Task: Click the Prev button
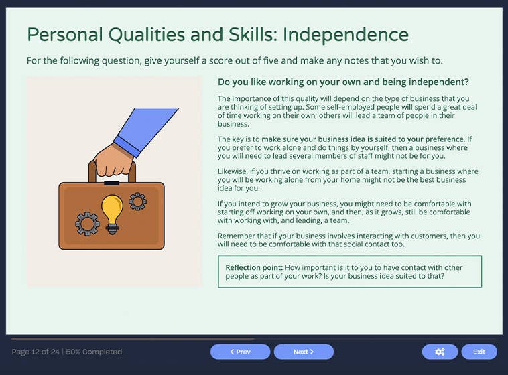tap(240, 352)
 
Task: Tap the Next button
tap(304, 352)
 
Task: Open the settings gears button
tap(440, 352)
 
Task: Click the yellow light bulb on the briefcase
tap(112, 210)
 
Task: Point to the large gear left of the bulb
tap(87, 224)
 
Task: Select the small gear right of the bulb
tap(137, 200)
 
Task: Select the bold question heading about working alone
tap(343, 82)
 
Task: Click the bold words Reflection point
tap(253, 267)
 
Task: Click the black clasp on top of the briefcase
tap(111, 183)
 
